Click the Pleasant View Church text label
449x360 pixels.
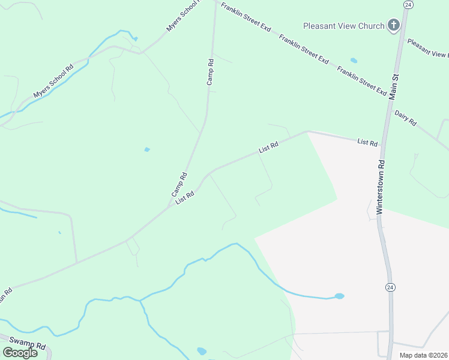[343, 26]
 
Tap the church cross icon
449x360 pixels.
[394, 25]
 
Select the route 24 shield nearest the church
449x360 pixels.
[408, 4]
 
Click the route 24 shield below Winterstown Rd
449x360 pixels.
[390, 287]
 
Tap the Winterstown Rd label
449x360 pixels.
[379, 187]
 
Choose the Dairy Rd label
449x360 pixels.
[405, 118]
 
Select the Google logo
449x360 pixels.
[20, 352]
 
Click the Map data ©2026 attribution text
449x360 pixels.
[423, 355]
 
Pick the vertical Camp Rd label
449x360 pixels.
[210, 71]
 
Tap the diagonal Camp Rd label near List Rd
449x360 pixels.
[179, 185]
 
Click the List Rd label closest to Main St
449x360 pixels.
[367, 142]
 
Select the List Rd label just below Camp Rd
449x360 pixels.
[185, 198]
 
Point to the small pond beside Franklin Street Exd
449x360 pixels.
[354, 61]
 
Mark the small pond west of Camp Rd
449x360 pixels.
[146, 149]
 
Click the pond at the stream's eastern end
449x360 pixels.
[339, 296]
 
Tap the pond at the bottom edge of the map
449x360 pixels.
[202, 351]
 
